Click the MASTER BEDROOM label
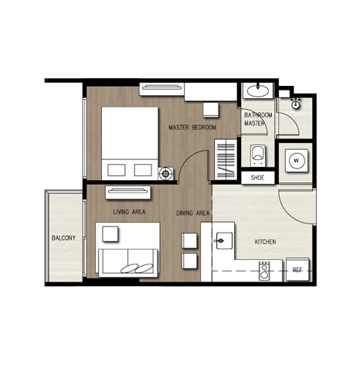[x=192, y=128]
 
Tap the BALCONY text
[x=63, y=238]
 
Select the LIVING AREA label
[x=129, y=212]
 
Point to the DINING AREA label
[x=192, y=213]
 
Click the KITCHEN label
[x=265, y=242]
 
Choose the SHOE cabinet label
[x=257, y=178]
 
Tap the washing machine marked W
[x=297, y=161]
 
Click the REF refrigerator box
[x=297, y=270]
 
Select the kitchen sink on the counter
[x=223, y=240]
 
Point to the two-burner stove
[x=264, y=271]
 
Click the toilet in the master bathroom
[x=258, y=155]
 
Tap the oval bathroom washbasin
[x=258, y=90]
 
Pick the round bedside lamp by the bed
[x=165, y=174]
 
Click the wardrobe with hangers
[x=226, y=159]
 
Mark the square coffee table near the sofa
[x=110, y=234]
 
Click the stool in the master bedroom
[x=211, y=110]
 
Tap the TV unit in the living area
[x=128, y=193]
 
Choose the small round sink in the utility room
[x=296, y=104]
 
